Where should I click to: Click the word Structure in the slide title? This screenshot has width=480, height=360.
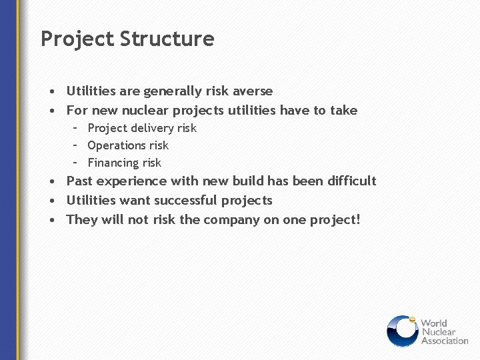click(167, 39)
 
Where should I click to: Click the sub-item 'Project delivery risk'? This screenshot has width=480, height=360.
click(142, 128)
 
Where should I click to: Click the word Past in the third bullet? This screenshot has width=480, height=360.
click(79, 181)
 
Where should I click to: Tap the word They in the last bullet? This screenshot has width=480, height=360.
click(82, 219)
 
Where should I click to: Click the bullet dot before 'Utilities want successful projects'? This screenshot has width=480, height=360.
click(51, 201)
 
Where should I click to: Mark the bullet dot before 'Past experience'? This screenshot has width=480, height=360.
click(51, 181)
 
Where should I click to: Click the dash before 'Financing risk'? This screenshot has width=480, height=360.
click(76, 162)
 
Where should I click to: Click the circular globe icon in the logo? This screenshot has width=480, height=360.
click(402, 331)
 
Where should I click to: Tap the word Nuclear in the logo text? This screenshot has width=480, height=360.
click(437, 332)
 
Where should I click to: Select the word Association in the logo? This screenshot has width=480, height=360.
click(445, 341)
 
